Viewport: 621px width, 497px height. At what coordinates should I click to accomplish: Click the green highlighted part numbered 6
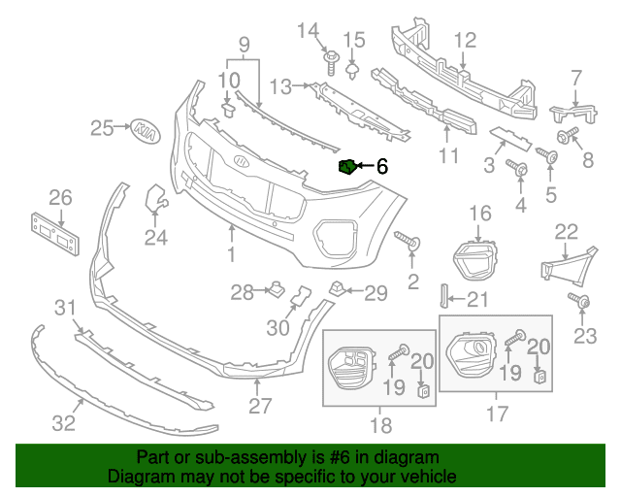(x=346, y=168)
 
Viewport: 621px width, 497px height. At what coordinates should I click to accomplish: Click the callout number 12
(x=466, y=41)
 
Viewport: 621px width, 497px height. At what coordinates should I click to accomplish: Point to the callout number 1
(x=232, y=254)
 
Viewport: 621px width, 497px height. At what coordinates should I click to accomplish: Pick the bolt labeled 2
(x=406, y=239)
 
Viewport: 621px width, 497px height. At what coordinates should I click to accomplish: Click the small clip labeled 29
(x=337, y=287)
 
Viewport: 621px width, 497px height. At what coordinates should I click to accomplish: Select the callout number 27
(x=259, y=406)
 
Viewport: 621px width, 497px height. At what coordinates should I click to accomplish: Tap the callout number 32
(x=63, y=423)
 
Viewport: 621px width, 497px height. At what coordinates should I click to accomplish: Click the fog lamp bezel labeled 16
(x=474, y=256)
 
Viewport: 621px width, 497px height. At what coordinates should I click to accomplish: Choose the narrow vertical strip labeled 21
(x=446, y=298)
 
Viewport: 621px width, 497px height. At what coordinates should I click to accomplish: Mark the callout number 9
(x=244, y=44)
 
